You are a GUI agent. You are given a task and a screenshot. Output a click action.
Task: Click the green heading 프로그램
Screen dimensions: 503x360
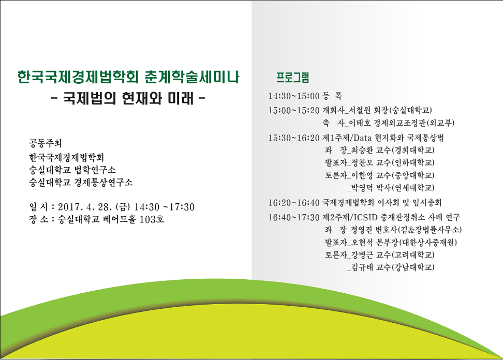(292, 77)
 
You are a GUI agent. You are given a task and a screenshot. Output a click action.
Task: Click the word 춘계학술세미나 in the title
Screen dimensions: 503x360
(192, 77)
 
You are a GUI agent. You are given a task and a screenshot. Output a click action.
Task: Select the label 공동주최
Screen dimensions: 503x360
(45, 143)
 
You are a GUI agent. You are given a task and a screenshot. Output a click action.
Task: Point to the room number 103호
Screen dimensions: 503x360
(152, 219)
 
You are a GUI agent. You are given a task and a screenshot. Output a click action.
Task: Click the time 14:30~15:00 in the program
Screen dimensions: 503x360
(294, 96)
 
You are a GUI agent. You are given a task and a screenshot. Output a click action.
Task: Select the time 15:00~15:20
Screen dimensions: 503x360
(294, 110)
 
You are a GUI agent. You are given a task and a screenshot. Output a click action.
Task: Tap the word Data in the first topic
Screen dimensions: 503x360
(362, 138)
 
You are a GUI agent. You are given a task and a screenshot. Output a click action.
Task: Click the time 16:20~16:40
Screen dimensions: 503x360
(294, 203)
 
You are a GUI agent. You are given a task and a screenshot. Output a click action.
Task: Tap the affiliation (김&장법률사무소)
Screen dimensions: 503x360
(430, 230)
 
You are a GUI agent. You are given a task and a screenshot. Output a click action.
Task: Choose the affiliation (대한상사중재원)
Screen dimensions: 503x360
(428, 242)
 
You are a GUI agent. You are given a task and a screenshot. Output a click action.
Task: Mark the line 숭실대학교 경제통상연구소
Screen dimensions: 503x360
(81, 183)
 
